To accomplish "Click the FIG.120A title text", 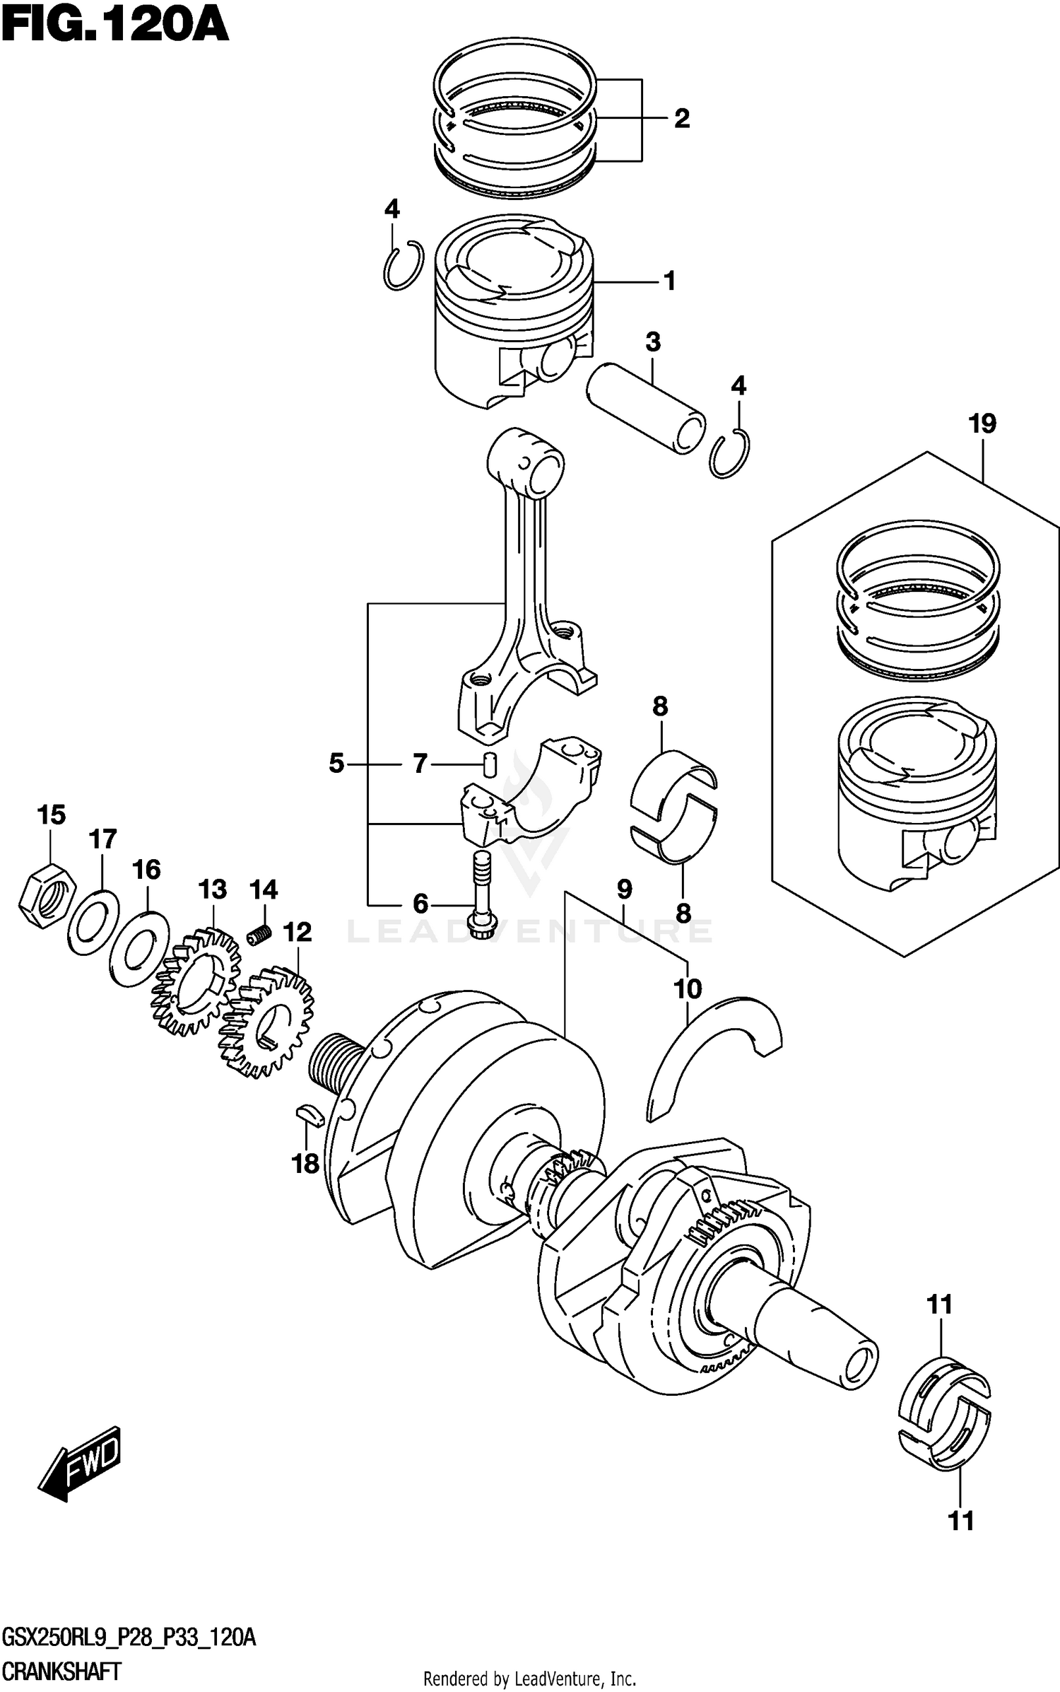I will coord(114,27).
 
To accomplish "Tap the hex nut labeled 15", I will coord(47,895).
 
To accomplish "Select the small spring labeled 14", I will coord(259,934).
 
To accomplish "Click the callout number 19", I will coord(982,424).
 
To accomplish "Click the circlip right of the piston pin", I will coord(730,453).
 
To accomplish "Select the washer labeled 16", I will coord(139,948).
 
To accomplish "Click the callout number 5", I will coord(336,764).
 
